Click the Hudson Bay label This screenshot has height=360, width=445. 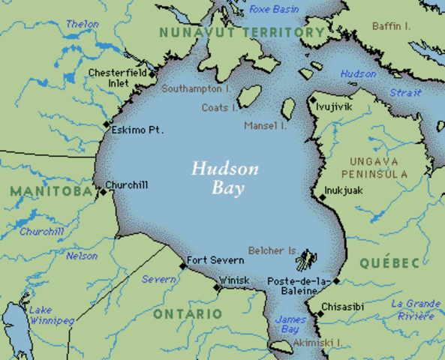224,178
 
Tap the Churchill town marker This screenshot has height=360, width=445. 104,193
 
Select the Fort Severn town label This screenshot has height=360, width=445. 215,260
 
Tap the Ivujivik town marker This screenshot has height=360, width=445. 313,100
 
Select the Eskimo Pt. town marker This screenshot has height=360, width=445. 107,124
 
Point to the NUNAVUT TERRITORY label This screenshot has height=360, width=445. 241,32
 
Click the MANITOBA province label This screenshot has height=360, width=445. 50,190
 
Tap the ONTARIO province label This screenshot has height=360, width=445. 188,313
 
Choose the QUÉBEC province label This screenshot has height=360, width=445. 389,263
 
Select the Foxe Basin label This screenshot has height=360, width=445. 274,9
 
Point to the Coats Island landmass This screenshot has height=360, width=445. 250,95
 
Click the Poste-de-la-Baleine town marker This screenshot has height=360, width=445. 336,281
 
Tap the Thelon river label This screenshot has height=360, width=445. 83,24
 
